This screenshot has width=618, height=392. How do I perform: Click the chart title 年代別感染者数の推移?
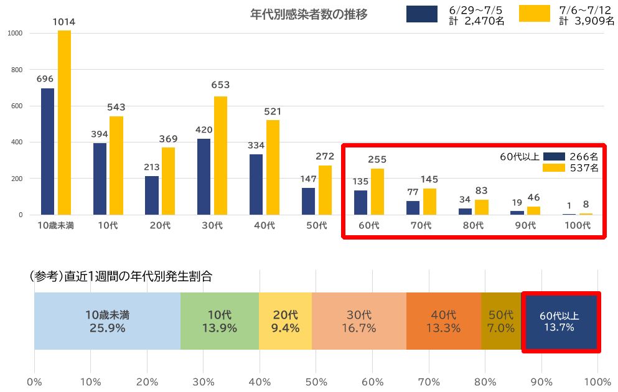[x=309, y=14]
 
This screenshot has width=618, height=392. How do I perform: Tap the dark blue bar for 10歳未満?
[x=47, y=152]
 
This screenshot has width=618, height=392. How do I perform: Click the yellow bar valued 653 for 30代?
[x=220, y=156]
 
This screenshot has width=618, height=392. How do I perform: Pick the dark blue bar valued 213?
[x=151, y=195]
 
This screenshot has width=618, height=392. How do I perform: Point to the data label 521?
[x=273, y=112]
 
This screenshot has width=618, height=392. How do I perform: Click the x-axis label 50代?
[x=317, y=225]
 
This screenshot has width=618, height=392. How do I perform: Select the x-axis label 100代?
[x=578, y=225]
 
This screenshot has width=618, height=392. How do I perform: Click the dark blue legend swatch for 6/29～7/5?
[x=421, y=14]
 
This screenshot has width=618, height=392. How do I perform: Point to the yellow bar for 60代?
[x=377, y=192]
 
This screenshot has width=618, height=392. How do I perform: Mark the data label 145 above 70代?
[x=429, y=179]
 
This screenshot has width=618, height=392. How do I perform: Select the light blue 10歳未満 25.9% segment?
[x=107, y=321]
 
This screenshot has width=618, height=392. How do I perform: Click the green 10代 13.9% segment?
[x=219, y=321]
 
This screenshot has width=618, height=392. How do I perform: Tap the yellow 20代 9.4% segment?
[x=285, y=321]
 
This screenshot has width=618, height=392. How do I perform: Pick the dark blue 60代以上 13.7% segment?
[x=559, y=321]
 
